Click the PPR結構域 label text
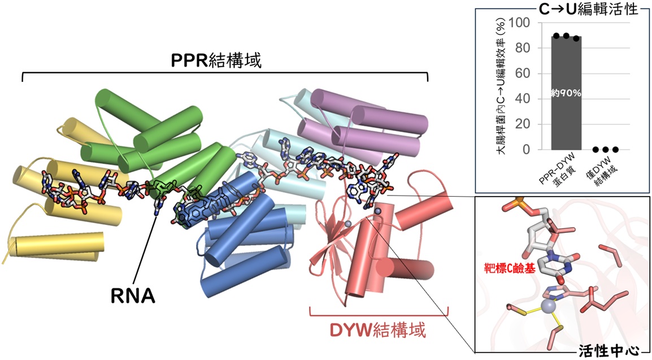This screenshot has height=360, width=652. pyautogui.click(x=216, y=60)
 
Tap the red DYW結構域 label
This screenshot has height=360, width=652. pyautogui.click(x=378, y=331)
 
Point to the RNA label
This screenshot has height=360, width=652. pyautogui.click(x=133, y=296)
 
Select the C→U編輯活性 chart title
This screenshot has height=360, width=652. pyautogui.click(x=588, y=9)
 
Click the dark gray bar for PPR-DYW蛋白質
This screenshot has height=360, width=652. pyautogui.click(x=566, y=93)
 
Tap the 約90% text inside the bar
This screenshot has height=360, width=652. pyautogui.click(x=566, y=94)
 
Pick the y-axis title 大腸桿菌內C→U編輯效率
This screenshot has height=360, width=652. pyautogui.click(x=502, y=86)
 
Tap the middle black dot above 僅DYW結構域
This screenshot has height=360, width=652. pyautogui.click(x=606, y=150)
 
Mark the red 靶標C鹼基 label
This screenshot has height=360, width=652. pyautogui.click(x=510, y=268)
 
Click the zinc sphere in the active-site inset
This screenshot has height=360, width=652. pyautogui.click(x=549, y=307)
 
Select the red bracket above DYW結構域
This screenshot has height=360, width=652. pyautogui.click(x=379, y=311)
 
